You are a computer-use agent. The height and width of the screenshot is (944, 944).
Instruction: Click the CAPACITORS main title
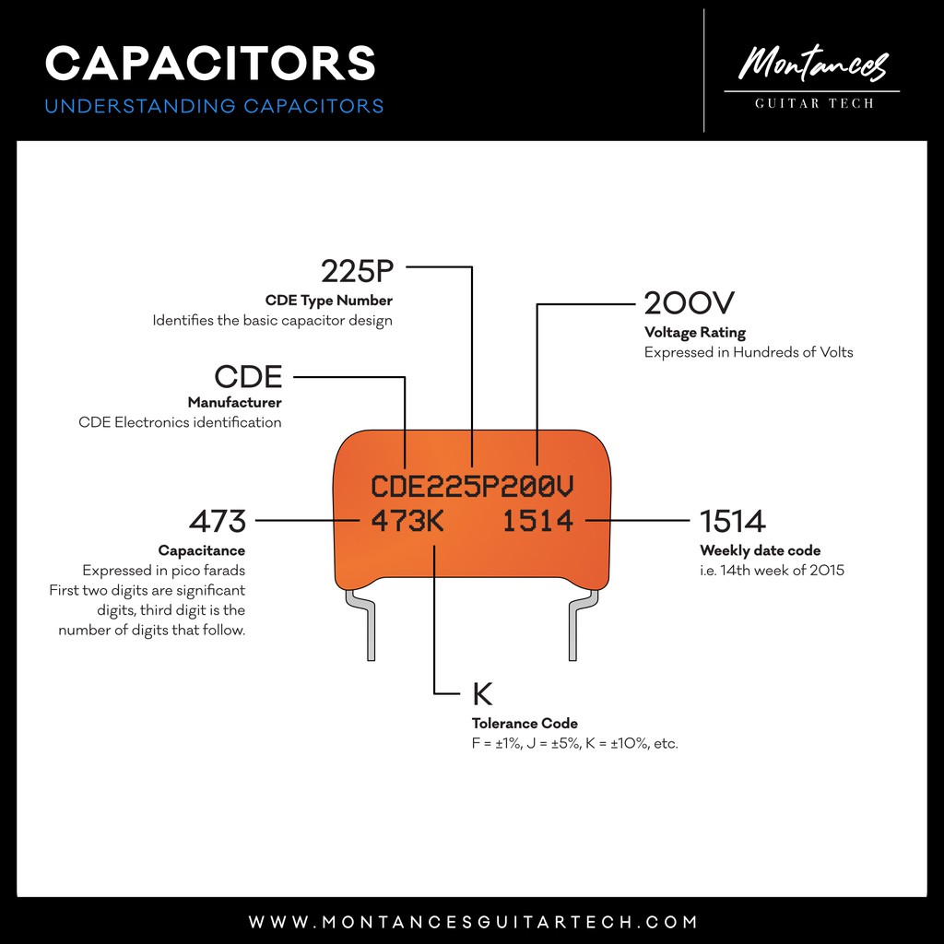210,63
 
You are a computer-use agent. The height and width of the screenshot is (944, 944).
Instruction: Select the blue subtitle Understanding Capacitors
214,106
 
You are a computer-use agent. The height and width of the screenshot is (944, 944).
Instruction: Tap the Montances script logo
812,65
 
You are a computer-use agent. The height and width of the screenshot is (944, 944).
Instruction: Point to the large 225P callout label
357,271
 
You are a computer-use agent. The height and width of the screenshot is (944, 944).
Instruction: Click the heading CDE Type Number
328,301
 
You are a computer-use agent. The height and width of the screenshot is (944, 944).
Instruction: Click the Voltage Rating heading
694,333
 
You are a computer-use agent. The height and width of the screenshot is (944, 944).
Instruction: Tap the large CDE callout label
248,376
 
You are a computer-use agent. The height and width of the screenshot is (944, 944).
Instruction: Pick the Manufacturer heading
234,403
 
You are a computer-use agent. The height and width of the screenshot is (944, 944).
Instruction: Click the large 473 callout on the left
218,522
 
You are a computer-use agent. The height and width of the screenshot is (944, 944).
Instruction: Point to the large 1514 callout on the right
732,522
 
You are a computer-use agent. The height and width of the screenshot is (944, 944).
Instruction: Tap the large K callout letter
482,693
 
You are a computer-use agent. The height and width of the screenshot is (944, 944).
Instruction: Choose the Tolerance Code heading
524,724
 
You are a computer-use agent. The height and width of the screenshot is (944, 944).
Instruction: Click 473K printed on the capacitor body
407,522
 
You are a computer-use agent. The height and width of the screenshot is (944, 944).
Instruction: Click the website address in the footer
472,922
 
